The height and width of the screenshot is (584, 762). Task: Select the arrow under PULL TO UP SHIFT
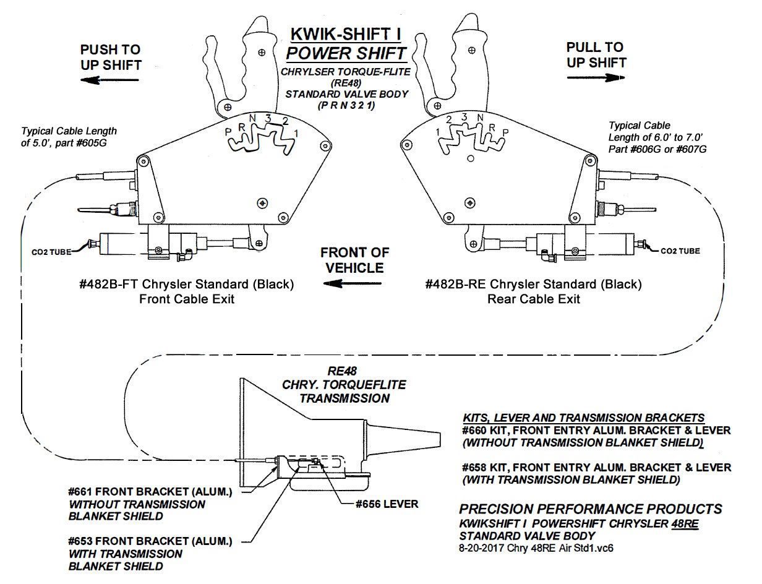(x=596, y=77)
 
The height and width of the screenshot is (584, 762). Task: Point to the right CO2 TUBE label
(x=680, y=251)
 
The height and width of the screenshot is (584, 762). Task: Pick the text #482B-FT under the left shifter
(x=106, y=285)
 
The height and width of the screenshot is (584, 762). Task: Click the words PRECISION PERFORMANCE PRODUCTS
(x=590, y=509)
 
